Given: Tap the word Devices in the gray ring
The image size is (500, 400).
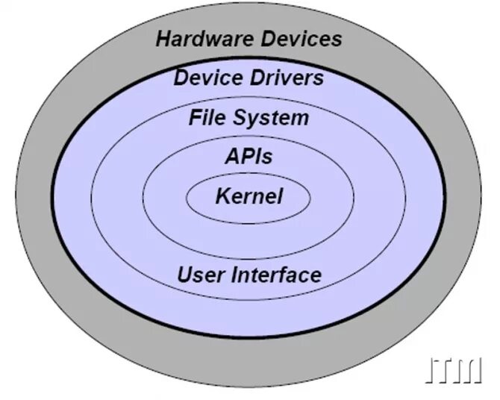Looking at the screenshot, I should [x=301, y=39].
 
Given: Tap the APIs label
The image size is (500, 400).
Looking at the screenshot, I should [x=249, y=157].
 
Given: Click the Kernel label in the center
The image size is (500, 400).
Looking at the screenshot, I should [x=249, y=196].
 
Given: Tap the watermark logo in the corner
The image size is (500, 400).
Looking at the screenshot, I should [x=454, y=369].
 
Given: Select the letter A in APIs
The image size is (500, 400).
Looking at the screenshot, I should [x=231, y=157].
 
